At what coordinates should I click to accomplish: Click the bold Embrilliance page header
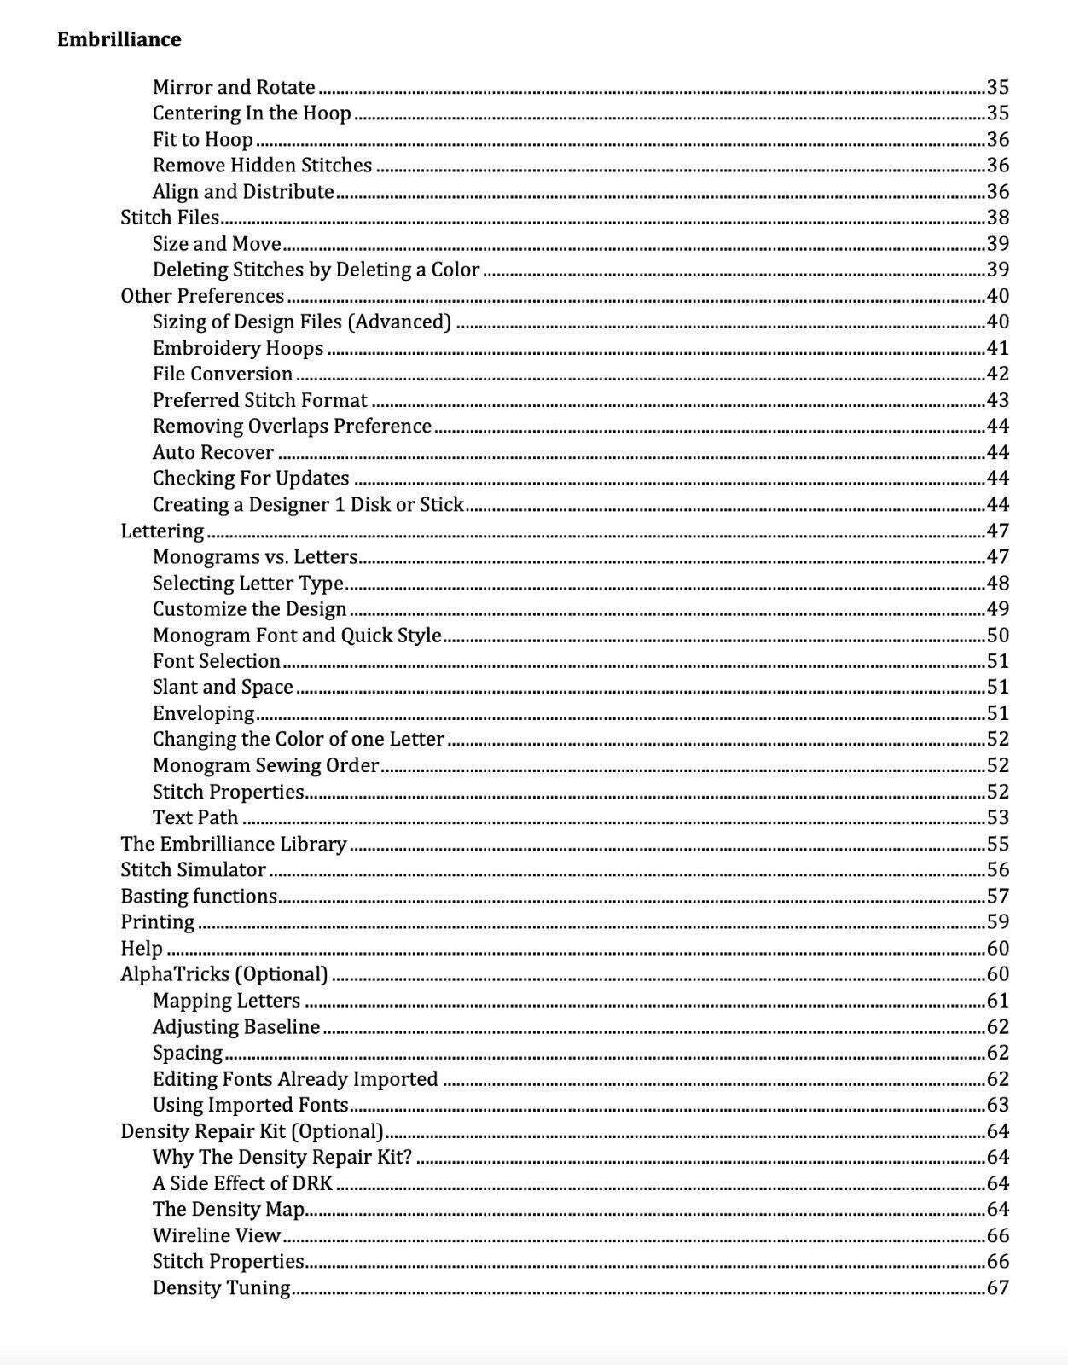[x=119, y=39]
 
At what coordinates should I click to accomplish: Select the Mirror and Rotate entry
[x=234, y=87]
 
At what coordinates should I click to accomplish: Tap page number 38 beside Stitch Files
[x=997, y=218]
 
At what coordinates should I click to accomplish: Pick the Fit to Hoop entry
[x=202, y=139]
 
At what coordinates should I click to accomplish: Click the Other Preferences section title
[x=202, y=296]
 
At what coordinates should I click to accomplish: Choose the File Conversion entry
[x=223, y=374]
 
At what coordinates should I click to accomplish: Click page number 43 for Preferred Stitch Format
[x=997, y=400]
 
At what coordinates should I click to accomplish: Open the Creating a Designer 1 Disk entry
[x=308, y=504]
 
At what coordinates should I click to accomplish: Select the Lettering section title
[x=162, y=531]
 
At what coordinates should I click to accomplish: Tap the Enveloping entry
[x=203, y=713]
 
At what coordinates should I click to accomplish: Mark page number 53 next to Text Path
[x=997, y=817]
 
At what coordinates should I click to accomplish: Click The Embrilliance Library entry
[x=233, y=844]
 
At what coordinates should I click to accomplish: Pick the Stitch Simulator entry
[x=193, y=870]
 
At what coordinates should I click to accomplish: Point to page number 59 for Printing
[x=997, y=922]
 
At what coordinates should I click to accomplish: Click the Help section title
[x=142, y=949]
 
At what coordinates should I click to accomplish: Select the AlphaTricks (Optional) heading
[x=223, y=974]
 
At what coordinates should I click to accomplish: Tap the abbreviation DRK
[x=311, y=1183]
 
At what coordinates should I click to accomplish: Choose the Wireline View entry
[x=217, y=1235]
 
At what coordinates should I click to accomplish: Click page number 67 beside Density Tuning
[x=997, y=1287]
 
